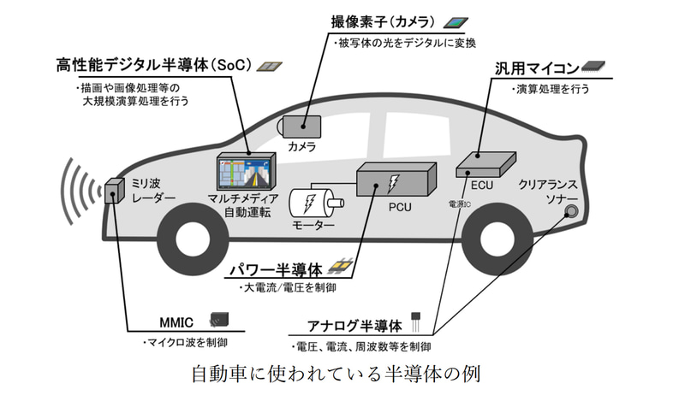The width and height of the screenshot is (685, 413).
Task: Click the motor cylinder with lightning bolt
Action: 313,203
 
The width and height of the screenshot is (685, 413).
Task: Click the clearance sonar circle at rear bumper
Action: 570,211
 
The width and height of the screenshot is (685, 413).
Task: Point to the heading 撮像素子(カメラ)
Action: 384,21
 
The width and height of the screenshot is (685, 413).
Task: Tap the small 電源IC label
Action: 461,206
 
